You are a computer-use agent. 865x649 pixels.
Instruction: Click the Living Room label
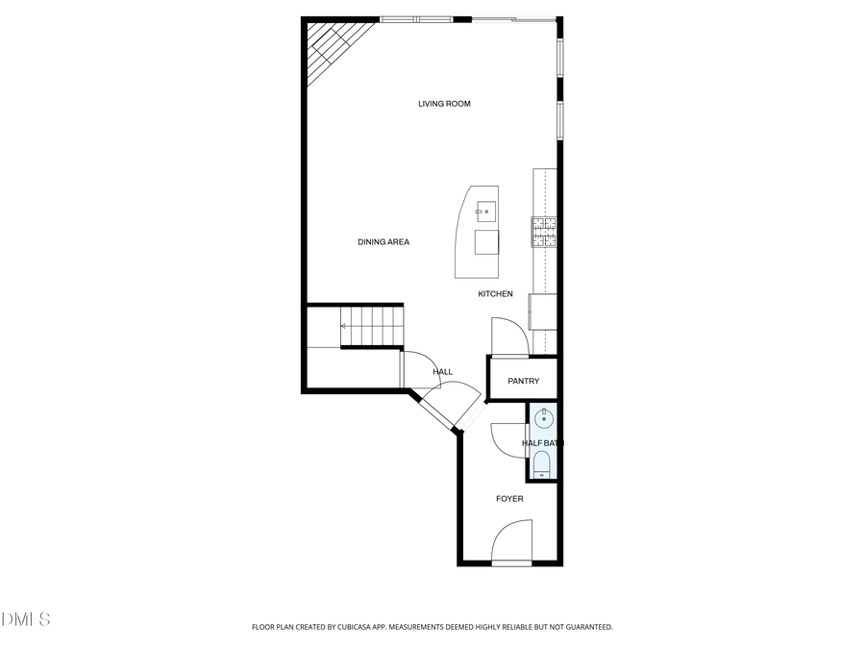pos(444,104)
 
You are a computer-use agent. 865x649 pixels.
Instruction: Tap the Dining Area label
pos(383,242)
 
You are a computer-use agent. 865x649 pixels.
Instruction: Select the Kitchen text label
pos(495,294)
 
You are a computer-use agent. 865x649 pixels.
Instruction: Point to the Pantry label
pos(524,382)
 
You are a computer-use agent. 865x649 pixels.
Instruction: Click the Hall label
pos(442,372)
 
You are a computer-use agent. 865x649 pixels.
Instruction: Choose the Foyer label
pos(509,499)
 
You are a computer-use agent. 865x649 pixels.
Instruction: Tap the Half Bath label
pos(542,443)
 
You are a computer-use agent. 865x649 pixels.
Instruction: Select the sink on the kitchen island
pos(486,209)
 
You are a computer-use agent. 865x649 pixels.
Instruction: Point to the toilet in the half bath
pos(542,464)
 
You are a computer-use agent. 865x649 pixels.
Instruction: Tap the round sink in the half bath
pos(544,418)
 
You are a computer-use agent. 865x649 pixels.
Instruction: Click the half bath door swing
pos(507,440)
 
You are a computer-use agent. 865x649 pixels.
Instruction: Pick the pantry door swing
pos(508,336)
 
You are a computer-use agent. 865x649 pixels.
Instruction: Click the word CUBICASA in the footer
pos(361,627)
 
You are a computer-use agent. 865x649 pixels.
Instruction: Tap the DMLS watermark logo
pos(26,619)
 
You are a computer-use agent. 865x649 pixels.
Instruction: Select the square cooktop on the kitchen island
pos(487,241)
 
